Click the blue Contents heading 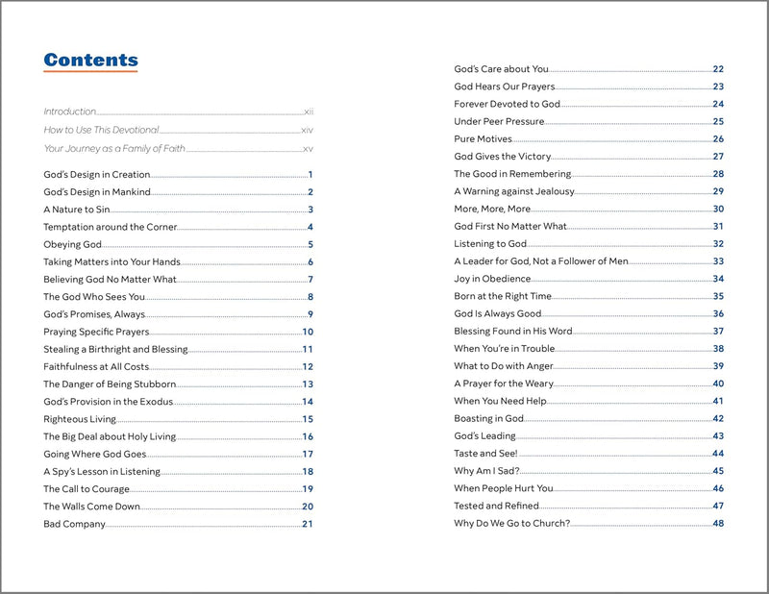coord(90,60)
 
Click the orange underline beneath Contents coord(90,72)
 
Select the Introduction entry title coord(70,111)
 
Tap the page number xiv coord(308,130)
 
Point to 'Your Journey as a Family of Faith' coord(114,149)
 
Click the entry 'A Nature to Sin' coord(72,210)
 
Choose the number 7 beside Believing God coord(310,280)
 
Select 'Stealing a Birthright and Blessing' coord(115,349)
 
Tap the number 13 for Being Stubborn coord(308,384)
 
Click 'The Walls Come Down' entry coord(91,507)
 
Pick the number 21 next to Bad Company coord(308,524)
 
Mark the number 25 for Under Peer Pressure coord(718,121)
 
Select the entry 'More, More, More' coord(492,209)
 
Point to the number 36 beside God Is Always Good coord(718,313)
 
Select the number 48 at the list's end coord(718,524)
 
